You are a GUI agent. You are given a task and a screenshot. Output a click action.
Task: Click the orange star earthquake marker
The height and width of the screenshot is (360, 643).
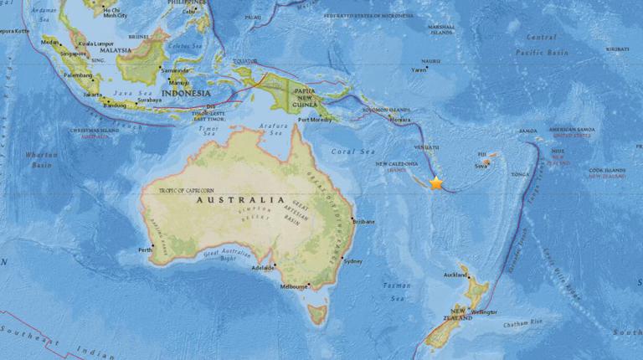point(436,183)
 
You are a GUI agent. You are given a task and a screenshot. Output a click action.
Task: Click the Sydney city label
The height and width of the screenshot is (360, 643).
point(352,261)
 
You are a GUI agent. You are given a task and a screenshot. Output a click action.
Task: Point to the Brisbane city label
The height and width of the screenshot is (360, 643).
point(364,221)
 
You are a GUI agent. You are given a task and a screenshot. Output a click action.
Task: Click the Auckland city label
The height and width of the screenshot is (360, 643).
point(455,275)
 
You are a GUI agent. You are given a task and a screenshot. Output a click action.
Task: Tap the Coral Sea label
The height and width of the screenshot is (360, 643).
point(363,152)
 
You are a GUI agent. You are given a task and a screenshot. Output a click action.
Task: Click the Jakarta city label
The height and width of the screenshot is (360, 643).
point(93,95)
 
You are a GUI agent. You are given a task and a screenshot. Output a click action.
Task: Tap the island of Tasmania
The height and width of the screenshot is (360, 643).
point(316,314)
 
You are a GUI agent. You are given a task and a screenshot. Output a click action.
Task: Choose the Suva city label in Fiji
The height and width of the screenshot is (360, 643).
point(481,166)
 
